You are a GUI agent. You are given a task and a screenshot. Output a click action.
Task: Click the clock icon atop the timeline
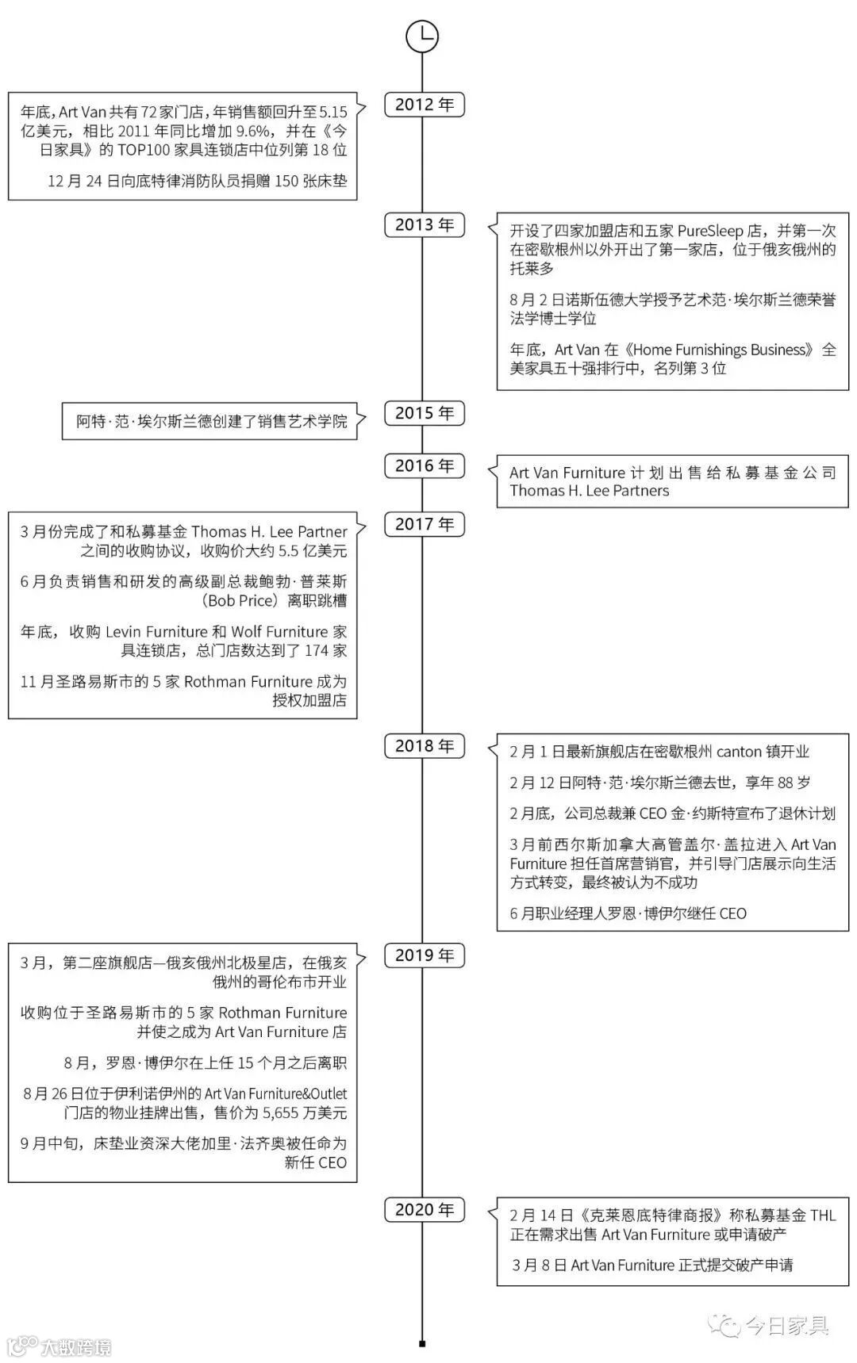[x=422, y=36]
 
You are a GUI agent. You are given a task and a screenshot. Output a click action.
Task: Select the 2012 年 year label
[x=425, y=105]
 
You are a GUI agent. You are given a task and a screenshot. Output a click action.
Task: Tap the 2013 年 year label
[x=425, y=225]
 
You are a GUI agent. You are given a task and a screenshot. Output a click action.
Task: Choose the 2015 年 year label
[x=425, y=413]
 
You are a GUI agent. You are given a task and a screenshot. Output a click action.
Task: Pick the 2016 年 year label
[x=425, y=465]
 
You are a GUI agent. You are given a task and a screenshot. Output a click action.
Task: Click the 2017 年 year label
[x=425, y=524]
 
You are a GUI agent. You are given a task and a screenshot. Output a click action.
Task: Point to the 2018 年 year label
[x=425, y=746]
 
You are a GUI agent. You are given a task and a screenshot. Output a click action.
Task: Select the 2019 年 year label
[x=425, y=955]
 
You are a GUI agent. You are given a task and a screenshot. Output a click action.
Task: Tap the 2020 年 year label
[x=425, y=1210]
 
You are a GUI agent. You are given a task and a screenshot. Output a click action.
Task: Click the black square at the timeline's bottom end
[x=422, y=1343]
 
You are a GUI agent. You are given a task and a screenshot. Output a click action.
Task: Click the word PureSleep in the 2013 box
[x=710, y=231]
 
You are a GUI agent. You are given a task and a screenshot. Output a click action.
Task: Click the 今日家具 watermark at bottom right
[x=786, y=1324]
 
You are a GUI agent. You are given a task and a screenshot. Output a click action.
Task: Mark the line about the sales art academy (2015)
[x=211, y=421]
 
